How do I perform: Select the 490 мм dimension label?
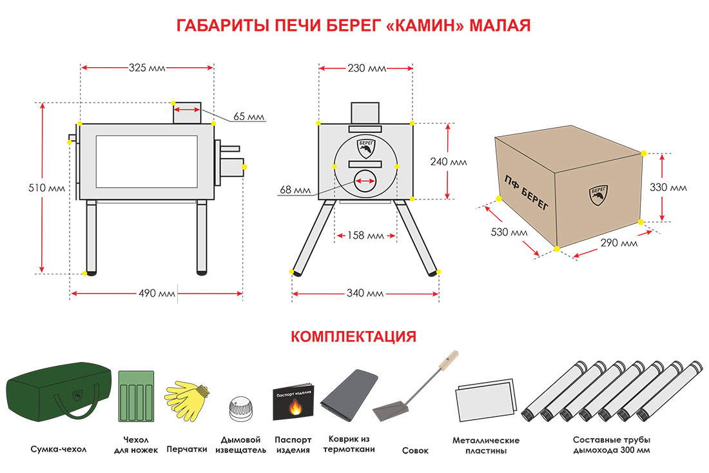point(157,294)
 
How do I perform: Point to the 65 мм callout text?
point(249,117)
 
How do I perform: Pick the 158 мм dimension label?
point(365,236)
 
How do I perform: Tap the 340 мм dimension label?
point(365,294)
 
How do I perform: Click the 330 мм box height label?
point(668,188)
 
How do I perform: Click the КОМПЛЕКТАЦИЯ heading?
point(354,336)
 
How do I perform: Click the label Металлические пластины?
point(486,445)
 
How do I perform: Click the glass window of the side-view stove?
point(147,166)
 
